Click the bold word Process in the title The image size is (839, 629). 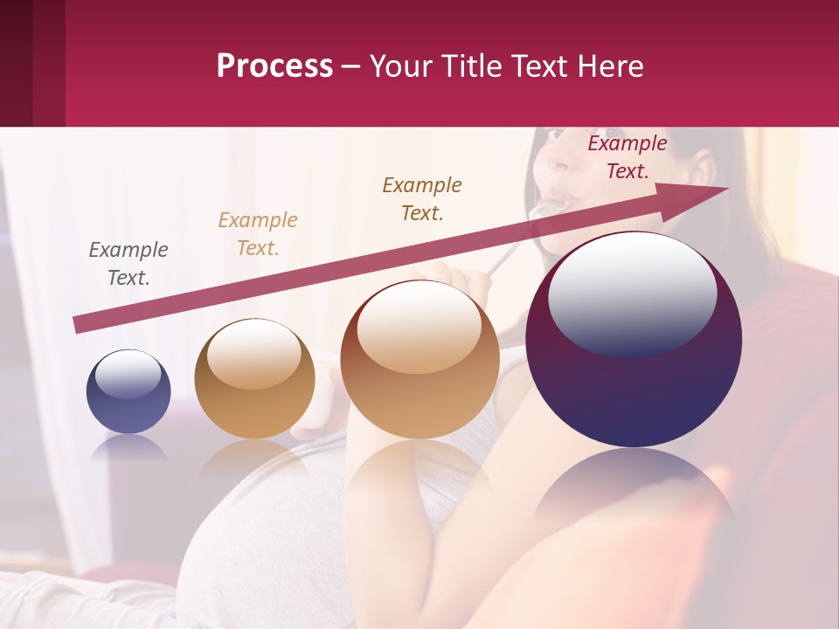click(x=274, y=66)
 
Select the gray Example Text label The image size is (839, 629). click(x=128, y=264)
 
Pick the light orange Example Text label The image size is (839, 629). click(x=258, y=234)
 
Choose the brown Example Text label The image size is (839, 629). click(x=422, y=199)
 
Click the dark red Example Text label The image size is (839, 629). click(x=628, y=157)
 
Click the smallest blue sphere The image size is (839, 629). click(x=128, y=391)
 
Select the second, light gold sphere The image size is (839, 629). click(x=254, y=379)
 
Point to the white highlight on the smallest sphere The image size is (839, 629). click(x=128, y=374)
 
